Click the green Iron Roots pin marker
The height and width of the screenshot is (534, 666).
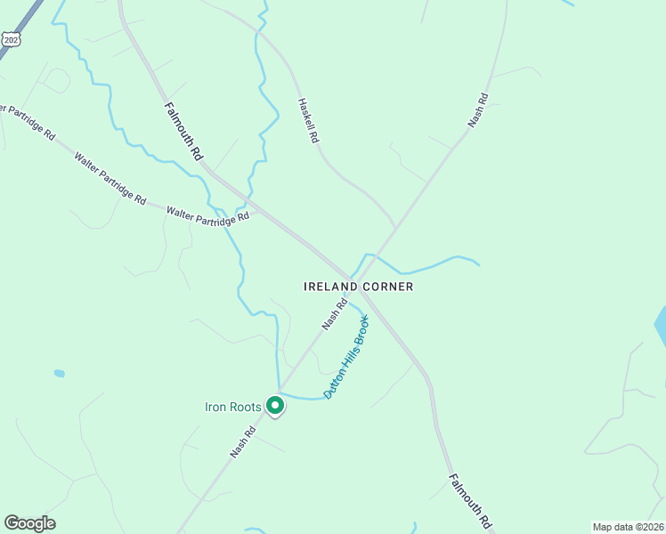point(275,407)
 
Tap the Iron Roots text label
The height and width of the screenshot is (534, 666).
point(233,408)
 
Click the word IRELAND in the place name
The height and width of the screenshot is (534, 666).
point(331,287)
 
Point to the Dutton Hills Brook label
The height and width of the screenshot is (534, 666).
point(346,356)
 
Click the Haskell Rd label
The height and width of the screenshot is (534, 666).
point(308,121)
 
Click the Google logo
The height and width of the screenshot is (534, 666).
point(29,523)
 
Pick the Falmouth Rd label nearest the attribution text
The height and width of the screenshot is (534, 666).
point(470,500)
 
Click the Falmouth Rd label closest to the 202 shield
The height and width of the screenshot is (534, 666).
point(183,131)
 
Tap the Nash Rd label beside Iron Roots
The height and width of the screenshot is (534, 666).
point(243,441)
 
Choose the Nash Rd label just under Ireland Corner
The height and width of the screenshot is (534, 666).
point(334,314)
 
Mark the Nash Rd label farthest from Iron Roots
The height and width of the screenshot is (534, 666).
point(479,109)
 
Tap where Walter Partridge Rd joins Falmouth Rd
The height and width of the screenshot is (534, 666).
point(256,210)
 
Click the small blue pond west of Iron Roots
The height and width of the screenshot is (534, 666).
point(59,373)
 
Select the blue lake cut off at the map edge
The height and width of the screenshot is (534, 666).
point(661,327)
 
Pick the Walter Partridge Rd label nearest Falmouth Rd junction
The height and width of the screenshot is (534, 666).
point(208,215)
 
